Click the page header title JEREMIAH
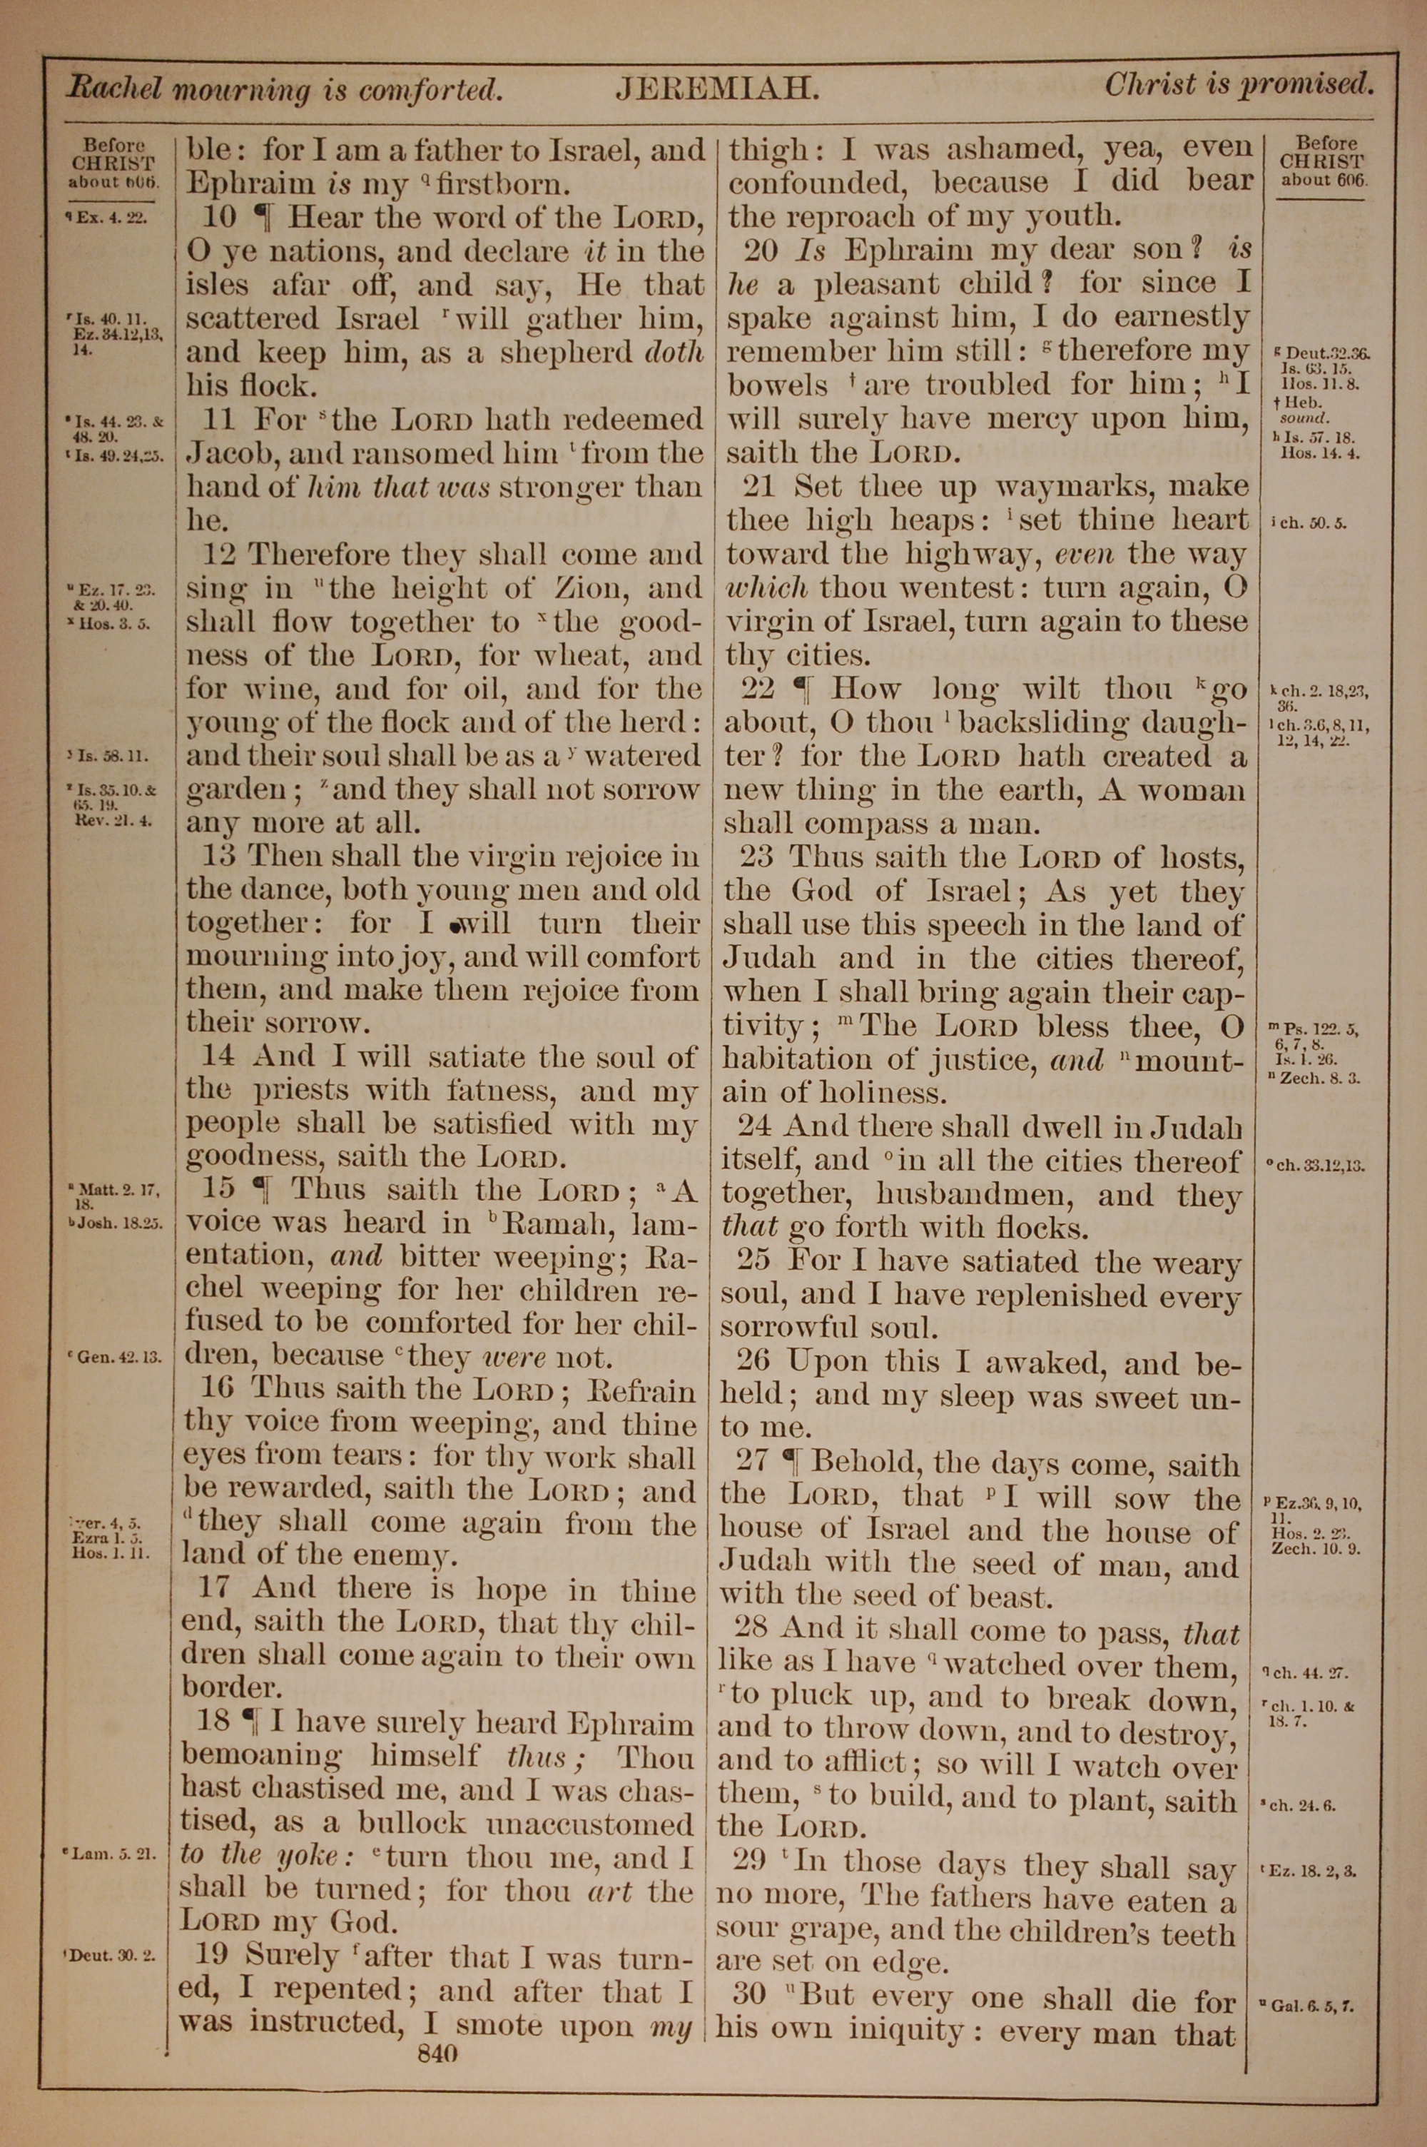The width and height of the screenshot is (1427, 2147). coord(718,89)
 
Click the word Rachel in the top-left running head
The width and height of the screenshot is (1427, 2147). coord(116,89)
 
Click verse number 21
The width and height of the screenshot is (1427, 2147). coord(760,485)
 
